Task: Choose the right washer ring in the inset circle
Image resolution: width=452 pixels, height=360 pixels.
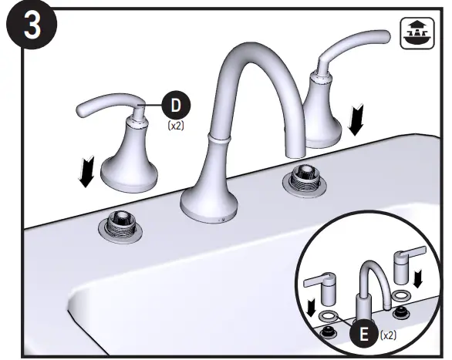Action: (x=400, y=294)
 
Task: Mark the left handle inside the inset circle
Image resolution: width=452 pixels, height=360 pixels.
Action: (x=323, y=287)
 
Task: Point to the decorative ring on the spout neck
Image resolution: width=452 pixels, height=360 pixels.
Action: (x=221, y=139)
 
